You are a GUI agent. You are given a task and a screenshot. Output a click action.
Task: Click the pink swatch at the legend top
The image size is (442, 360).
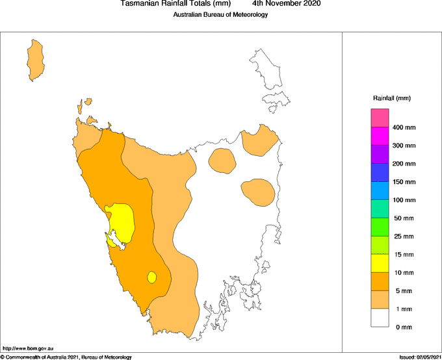pyautogui.click(x=380, y=118)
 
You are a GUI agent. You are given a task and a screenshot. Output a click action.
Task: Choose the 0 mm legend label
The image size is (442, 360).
pyautogui.click(x=404, y=327)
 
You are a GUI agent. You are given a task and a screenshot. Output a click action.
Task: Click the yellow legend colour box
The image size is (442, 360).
pyautogui.click(x=380, y=263)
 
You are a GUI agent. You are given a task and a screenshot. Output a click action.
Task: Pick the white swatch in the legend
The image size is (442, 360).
pyautogui.click(x=380, y=318)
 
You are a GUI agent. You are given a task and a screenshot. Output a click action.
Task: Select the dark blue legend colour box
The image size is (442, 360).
pyautogui.click(x=380, y=172)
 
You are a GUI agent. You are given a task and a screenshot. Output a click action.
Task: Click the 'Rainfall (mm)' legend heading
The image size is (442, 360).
pyautogui.click(x=391, y=98)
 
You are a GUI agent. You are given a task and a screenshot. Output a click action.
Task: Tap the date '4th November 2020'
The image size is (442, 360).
pyautogui.click(x=285, y=4)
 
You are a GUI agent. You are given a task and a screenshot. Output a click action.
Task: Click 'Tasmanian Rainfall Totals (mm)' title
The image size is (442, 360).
pyautogui.click(x=175, y=4)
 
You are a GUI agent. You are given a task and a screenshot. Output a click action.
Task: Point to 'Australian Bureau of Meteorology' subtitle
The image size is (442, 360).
pyautogui.click(x=220, y=15)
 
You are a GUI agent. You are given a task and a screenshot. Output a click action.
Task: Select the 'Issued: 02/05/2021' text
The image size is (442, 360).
pyautogui.click(x=420, y=357)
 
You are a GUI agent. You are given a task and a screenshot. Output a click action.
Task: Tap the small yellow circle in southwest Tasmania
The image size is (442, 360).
pyautogui.click(x=151, y=277)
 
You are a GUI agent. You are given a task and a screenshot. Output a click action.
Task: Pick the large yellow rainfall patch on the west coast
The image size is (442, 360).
pyautogui.click(x=122, y=221)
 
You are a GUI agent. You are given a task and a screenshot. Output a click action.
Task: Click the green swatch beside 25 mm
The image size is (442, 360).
pyautogui.click(x=380, y=227)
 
